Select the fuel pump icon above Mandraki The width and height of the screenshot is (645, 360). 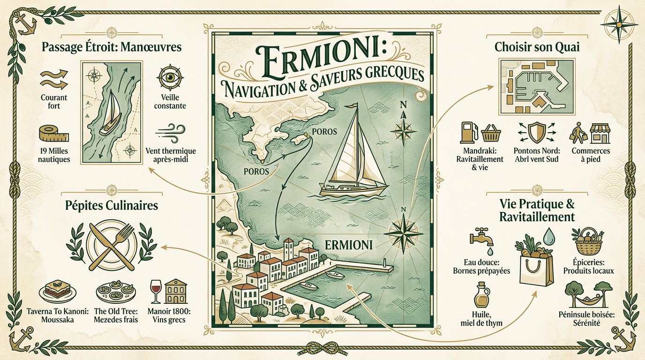[466, 133]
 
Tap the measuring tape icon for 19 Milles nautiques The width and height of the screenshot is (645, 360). [53, 134]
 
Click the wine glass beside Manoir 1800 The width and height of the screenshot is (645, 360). [155, 291]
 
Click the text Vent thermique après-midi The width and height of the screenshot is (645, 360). [171, 155]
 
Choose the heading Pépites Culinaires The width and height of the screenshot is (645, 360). [111, 206]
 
